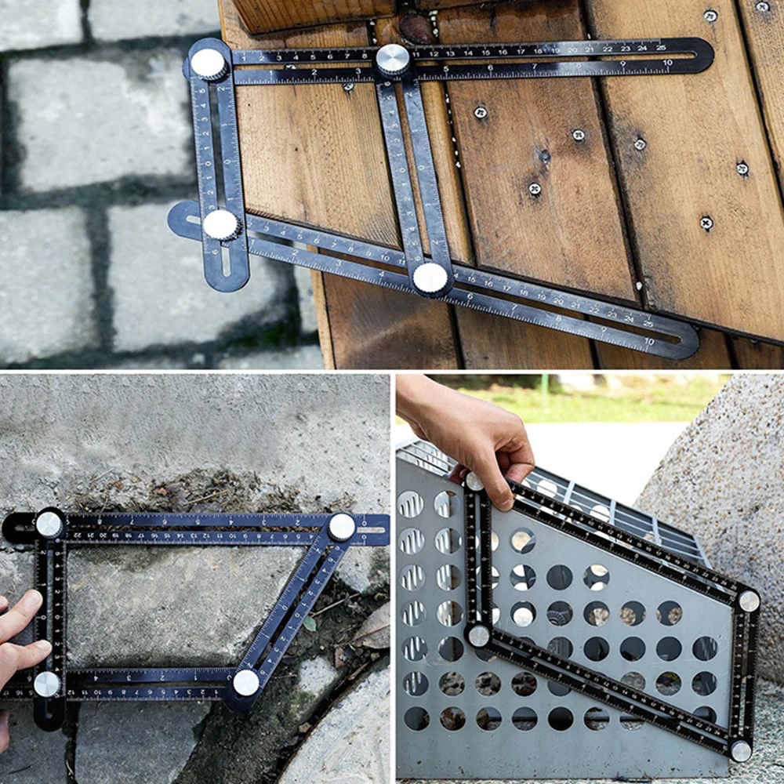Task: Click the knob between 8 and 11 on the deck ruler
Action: click(x=393, y=59)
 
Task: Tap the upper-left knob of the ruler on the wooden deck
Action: click(x=209, y=64)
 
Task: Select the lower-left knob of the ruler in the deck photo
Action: click(x=221, y=225)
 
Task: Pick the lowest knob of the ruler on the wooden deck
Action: click(x=430, y=278)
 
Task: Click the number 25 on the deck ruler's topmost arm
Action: click(x=661, y=48)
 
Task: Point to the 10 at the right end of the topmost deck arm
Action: click(x=667, y=63)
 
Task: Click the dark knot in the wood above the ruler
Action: click(x=416, y=27)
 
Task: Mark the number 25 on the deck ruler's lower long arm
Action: click(x=648, y=323)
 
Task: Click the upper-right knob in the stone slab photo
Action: click(x=341, y=527)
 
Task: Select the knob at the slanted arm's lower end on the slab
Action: click(x=246, y=682)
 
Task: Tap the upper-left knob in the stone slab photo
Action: click(x=49, y=524)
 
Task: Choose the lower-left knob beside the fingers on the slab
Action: click(x=47, y=684)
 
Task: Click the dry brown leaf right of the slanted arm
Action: click(x=372, y=627)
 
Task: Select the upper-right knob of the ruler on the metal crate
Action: click(x=748, y=601)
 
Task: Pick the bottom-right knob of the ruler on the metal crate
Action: click(x=740, y=750)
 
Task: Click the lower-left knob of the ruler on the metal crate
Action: click(x=478, y=635)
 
